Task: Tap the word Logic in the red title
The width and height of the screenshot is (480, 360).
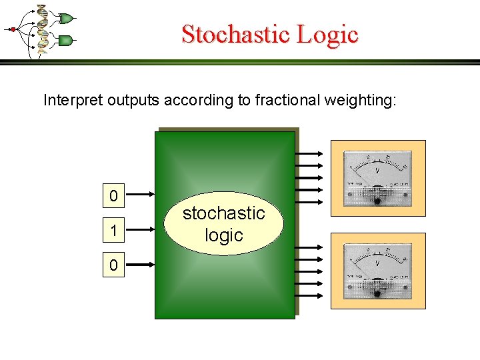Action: click(x=326, y=34)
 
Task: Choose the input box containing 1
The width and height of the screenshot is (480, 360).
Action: click(x=113, y=231)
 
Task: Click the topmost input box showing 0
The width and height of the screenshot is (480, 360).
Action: click(x=113, y=196)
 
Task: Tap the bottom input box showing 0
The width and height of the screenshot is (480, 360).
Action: click(x=113, y=266)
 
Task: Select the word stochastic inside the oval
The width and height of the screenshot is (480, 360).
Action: click(x=224, y=213)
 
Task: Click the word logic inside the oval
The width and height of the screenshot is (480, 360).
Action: click(x=224, y=235)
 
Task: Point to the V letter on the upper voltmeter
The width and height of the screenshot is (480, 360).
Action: click(x=377, y=171)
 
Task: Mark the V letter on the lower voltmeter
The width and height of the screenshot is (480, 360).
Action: click(x=377, y=264)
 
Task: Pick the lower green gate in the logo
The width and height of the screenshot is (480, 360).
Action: click(x=65, y=41)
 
